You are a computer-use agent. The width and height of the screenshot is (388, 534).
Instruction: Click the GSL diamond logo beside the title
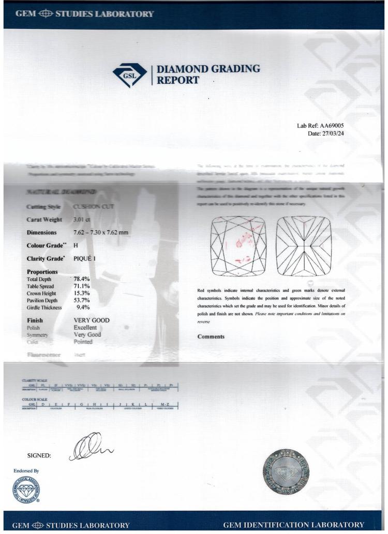tap(129, 75)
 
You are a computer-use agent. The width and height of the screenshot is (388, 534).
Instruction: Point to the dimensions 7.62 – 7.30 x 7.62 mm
tap(101, 232)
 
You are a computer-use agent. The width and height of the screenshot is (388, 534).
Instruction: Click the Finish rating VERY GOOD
tap(92, 320)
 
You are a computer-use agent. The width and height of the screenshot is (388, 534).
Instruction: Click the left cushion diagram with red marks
tap(238, 246)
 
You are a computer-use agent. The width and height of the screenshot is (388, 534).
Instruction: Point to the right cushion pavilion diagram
tap(304, 246)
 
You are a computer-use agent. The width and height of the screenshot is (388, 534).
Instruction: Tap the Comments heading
tap(211, 337)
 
